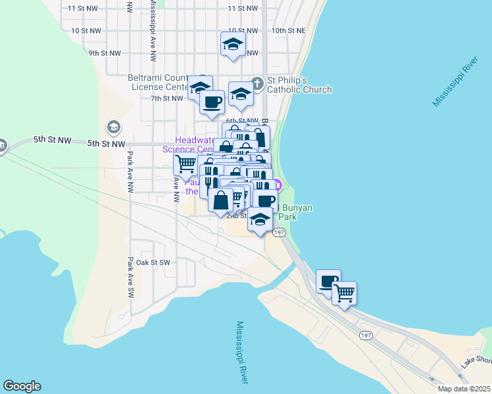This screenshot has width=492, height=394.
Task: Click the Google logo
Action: point(22,386)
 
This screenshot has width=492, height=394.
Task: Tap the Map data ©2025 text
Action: point(464,388)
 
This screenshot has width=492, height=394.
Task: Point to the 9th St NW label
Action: point(105,53)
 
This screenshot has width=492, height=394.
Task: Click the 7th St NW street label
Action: point(166,98)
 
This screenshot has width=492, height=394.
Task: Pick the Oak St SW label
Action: point(153,263)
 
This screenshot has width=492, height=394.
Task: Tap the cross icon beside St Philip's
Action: point(257,83)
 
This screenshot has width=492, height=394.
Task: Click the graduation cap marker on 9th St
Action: point(233,45)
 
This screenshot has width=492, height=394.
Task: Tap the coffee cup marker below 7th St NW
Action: point(212,102)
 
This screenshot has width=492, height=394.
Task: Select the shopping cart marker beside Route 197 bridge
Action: point(344,293)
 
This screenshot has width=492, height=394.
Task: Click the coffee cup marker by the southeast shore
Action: point(328,281)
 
